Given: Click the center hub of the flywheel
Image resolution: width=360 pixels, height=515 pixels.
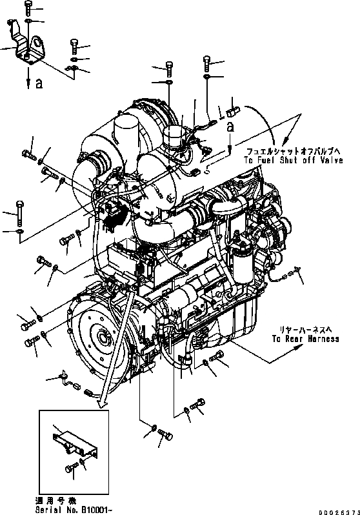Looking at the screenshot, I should click(x=100, y=336).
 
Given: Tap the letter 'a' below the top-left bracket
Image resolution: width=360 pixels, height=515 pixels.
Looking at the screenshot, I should click(x=39, y=83).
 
